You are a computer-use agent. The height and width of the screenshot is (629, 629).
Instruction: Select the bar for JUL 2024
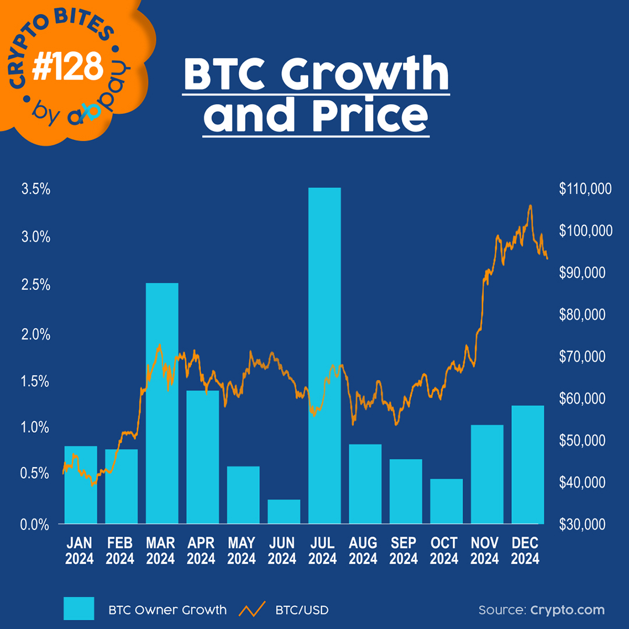(x=324, y=355)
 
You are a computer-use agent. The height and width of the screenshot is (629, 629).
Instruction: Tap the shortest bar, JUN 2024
(x=284, y=511)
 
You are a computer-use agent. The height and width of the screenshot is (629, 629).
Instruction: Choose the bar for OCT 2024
(x=446, y=501)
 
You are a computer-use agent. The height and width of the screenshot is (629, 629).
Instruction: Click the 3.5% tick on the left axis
(x=36, y=189)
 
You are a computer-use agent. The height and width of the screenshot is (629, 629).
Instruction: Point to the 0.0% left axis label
(x=36, y=525)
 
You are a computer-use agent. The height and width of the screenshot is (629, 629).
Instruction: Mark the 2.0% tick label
(x=36, y=334)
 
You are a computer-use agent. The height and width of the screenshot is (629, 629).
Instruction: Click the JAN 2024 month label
(x=80, y=551)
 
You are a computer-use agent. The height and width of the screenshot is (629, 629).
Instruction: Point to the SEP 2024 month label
(x=404, y=551)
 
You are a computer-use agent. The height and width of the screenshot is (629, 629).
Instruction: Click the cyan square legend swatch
(x=79, y=609)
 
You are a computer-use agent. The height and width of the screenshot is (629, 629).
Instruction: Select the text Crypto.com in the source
(x=567, y=610)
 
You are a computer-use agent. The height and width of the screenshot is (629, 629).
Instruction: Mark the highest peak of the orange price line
(x=530, y=206)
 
